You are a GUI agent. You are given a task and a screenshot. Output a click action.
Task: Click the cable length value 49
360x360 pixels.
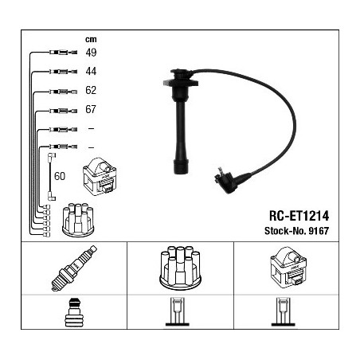91,53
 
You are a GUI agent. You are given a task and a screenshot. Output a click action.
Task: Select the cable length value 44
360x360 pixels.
91,71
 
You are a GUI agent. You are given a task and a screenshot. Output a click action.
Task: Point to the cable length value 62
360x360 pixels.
91,90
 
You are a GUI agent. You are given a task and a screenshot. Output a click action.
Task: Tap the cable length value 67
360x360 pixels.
91,109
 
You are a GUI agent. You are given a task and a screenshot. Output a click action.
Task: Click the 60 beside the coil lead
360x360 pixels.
60,176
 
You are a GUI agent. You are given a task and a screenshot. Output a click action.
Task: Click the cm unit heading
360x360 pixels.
91,40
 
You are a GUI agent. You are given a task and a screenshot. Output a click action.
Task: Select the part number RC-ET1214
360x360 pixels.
299,216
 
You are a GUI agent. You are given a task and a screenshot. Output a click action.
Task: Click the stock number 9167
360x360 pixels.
319,231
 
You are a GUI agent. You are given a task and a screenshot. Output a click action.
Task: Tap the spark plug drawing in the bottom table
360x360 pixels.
74,268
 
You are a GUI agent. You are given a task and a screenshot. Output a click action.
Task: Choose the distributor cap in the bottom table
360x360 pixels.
180,268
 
